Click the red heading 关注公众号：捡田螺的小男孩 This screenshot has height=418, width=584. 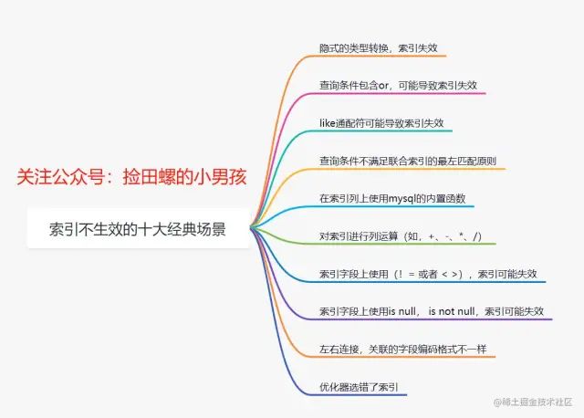coord(131,176)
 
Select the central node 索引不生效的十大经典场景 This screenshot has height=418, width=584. coord(138,229)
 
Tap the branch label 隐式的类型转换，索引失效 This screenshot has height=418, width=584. coord(379,48)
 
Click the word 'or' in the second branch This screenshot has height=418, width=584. coord(383,86)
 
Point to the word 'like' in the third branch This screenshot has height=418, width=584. coord(328,123)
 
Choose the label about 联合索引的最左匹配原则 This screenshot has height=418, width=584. coord(408,161)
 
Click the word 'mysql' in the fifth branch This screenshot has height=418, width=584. coord(401,199)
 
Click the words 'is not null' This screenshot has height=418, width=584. coord(452,311)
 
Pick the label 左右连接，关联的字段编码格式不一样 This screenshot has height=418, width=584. coord(403,350)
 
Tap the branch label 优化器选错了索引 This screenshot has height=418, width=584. coord(359,387)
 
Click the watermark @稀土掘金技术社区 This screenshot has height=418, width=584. coord(533,402)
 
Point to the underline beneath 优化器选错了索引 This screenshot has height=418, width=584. coord(357,394)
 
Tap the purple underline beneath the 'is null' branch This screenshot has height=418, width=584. coord(429,319)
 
